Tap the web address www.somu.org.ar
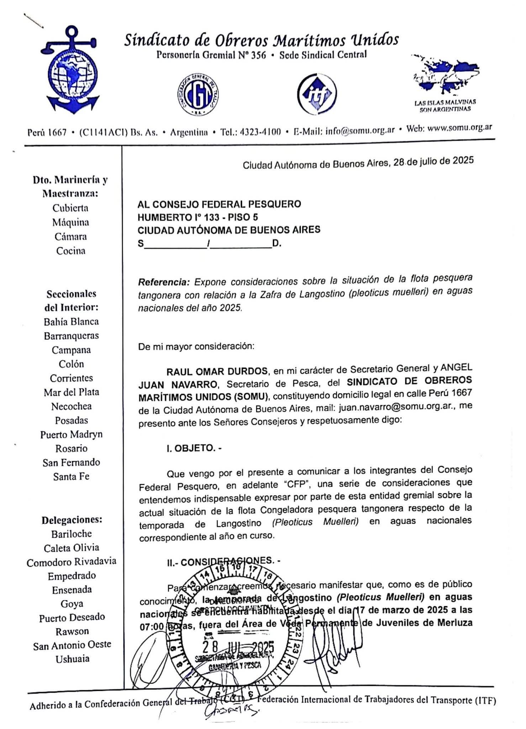(x=459, y=128)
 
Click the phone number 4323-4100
(x=260, y=132)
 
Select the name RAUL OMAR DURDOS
(x=217, y=371)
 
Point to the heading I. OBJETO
(x=194, y=448)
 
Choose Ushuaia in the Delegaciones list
(x=72, y=659)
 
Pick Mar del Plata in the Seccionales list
(x=72, y=392)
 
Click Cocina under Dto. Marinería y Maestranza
(x=71, y=251)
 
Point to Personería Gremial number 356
(x=211, y=55)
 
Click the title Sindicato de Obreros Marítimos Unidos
(x=261, y=40)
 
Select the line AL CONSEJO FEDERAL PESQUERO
(x=219, y=204)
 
